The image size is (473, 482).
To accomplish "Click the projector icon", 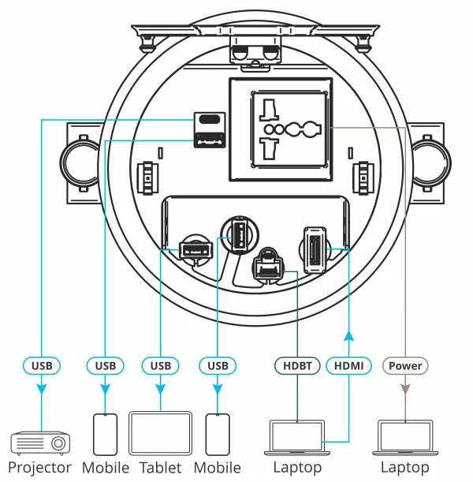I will (x=39, y=443).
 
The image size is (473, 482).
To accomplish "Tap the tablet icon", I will (x=160, y=432).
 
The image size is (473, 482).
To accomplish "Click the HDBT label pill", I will (x=296, y=365).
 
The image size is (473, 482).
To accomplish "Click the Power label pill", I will (x=405, y=365).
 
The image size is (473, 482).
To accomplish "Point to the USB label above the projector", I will (x=42, y=365).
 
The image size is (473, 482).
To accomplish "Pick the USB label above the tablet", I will (x=160, y=365).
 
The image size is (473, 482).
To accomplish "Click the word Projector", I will (x=40, y=468).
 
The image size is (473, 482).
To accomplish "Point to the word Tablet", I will (x=161, y=468).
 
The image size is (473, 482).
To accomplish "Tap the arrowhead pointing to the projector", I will (x=42, y=387).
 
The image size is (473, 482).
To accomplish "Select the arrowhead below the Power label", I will (x=405, y=387).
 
